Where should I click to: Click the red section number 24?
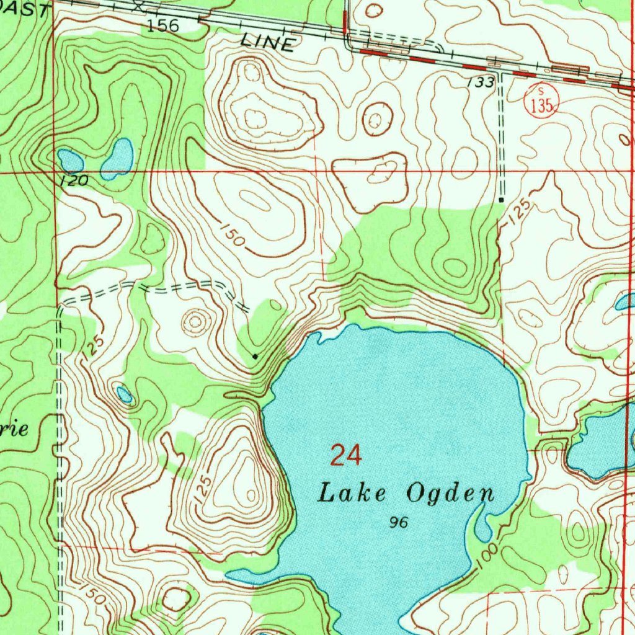coord(345,455)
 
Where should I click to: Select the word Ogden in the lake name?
coord(451,494)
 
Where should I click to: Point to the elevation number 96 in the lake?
coord(398,523)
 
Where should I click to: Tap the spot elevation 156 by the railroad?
coord(163,25)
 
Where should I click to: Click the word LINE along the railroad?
coord(267,43)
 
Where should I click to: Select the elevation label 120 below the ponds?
coord(74,181)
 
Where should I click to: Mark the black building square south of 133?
coord(501,200)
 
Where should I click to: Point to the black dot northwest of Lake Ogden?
coord(255,356)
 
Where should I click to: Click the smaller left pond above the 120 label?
coord(71,161)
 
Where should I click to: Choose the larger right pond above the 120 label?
coord(118,158)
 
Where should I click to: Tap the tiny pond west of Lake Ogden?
coord(125,394)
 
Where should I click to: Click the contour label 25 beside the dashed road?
coord(93,346)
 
